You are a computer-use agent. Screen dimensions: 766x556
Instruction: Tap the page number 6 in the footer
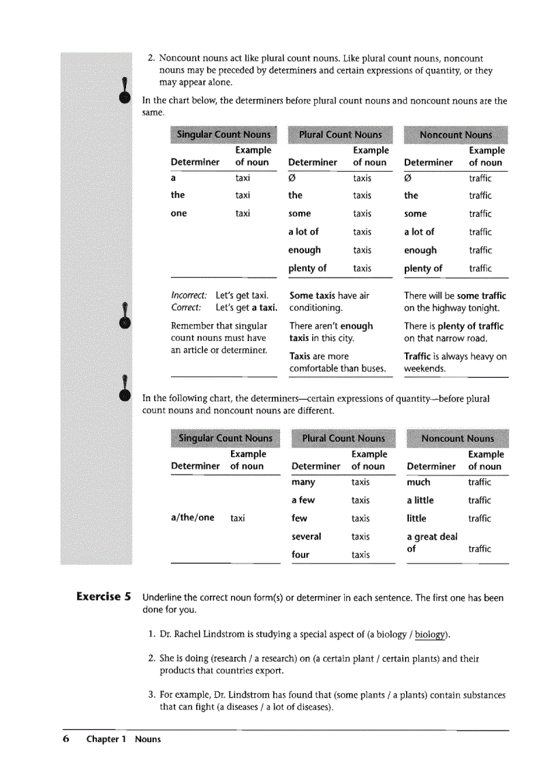[66, 739]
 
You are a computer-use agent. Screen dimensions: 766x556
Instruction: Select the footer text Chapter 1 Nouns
[123, 739]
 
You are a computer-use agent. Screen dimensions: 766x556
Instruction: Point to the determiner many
[303, 482]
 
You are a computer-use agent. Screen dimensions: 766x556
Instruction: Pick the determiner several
[306, 537]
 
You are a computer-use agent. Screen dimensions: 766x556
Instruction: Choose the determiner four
[300, 555]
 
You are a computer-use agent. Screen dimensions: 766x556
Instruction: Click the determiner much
[418, 482]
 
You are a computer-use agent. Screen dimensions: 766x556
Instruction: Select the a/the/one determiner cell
[192, 518]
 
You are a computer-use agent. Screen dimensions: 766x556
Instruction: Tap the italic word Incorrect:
[189, 296]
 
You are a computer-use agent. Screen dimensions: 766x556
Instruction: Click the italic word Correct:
[185, 308]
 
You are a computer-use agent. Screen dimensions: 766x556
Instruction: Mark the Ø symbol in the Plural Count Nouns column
[292, 179]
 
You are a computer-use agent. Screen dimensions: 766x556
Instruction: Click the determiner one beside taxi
[179, 213]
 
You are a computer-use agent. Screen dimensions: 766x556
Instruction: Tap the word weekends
[424, 369]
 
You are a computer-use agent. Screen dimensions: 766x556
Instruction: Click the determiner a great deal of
[431, 542]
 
